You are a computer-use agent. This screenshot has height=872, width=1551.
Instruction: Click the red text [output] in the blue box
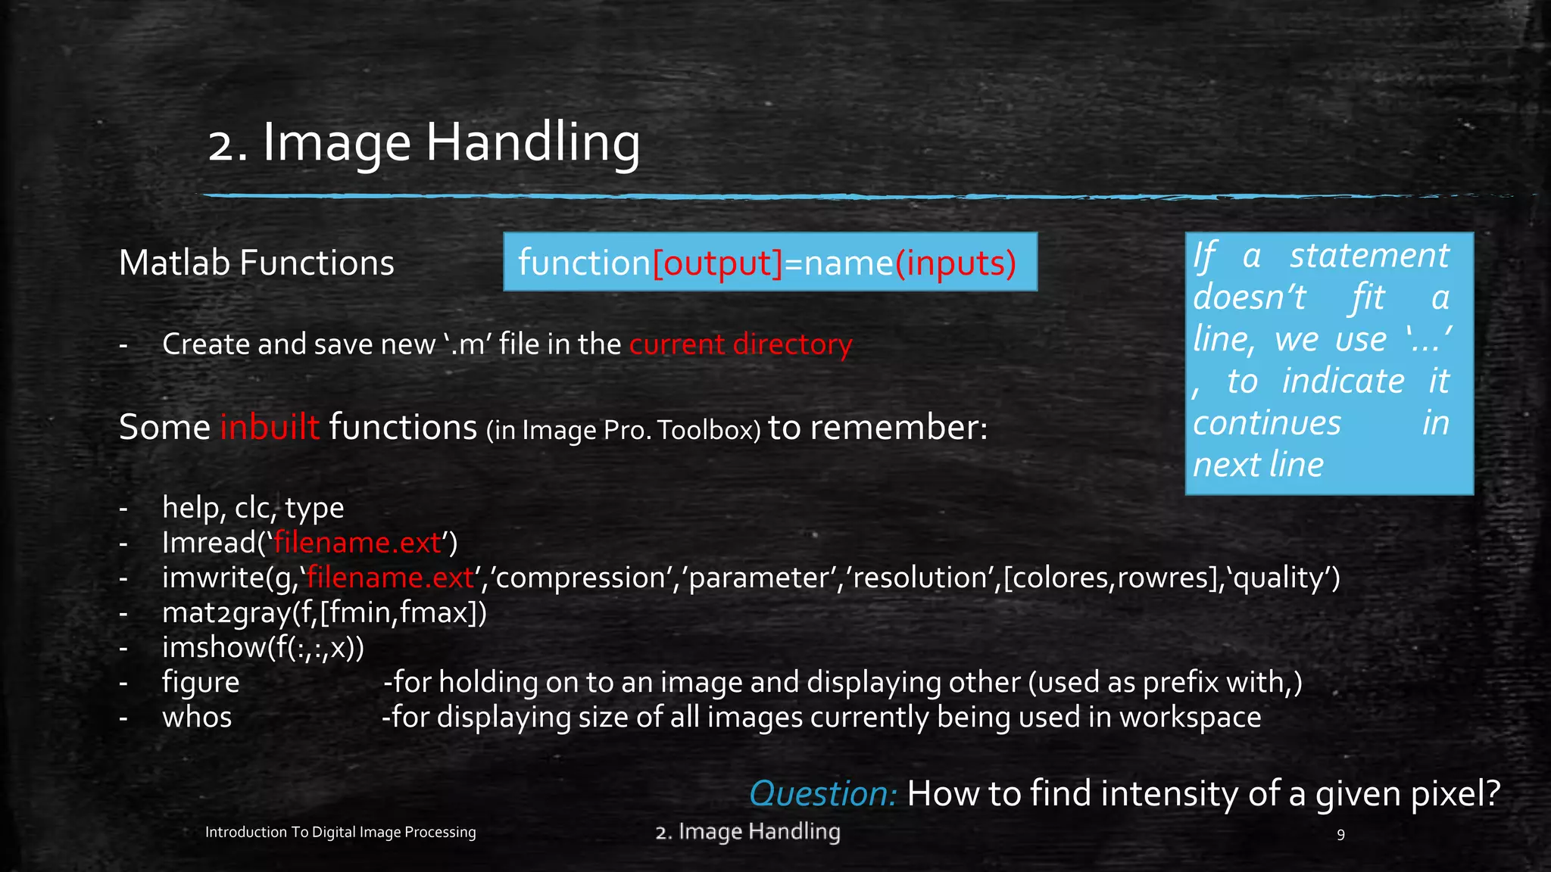(717, 263)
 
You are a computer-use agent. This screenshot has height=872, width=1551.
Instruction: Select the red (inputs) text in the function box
(956, 263)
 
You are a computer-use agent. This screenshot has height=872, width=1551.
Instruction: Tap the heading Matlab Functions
(256, 263)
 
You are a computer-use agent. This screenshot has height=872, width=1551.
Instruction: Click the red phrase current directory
(741, 344)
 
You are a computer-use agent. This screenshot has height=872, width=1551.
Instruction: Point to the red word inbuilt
(270, 427)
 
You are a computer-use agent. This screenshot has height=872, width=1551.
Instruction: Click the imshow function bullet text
(262, 647)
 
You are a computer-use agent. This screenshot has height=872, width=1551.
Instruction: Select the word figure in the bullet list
(201, 683)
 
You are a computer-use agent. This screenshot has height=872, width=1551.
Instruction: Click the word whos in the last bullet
(197, 718)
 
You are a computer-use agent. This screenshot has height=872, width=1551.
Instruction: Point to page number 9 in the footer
(1340, 834)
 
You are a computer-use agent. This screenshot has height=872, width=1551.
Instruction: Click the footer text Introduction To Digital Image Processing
(340, 832)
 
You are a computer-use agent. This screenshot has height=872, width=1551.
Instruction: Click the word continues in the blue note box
(1266, 422)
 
